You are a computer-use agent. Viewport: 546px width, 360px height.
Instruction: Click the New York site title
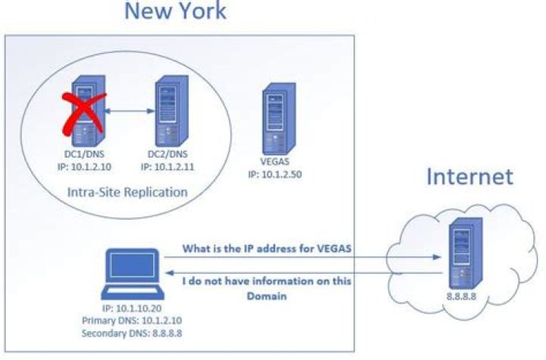[174, 11]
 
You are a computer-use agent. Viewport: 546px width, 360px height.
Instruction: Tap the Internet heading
[469, 177]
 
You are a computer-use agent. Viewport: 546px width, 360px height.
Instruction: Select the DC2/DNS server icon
[165, 114]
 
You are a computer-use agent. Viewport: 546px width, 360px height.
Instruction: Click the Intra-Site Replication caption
[127, 193]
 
